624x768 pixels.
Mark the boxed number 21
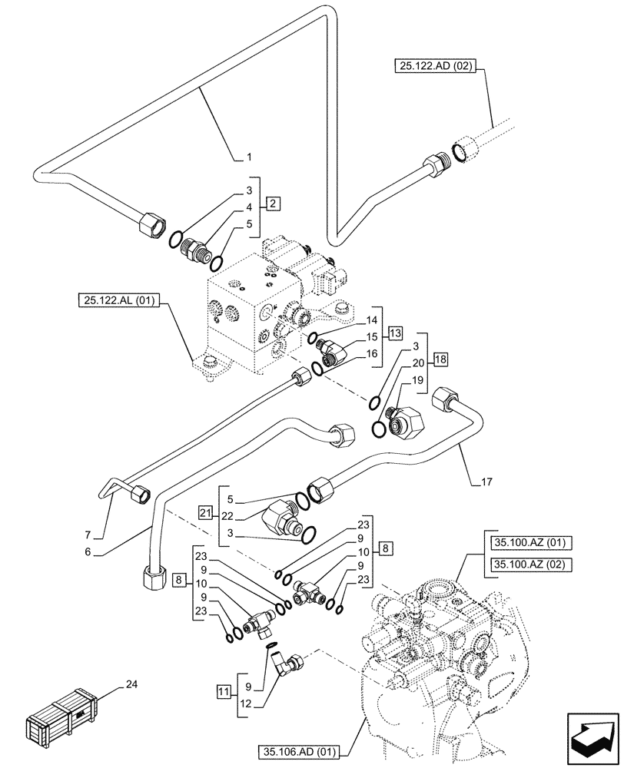tap(205, 511)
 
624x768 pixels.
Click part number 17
tap(487, 482)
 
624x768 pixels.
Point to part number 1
tap(249, 157)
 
